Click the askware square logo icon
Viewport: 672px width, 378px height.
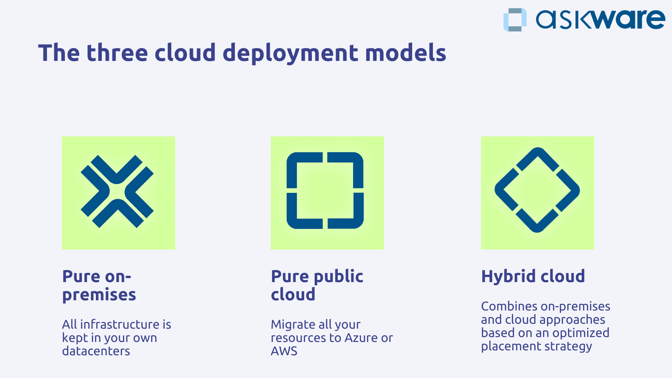515,20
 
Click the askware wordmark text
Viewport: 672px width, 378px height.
600,20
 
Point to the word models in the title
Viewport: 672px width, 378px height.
405,53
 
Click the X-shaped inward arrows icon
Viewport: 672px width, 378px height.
117,191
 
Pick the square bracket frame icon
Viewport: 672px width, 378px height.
325,190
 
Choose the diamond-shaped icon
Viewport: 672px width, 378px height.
537,190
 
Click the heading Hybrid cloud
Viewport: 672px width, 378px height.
533,276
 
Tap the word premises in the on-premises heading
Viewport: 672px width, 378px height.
99,295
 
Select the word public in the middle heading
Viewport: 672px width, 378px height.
338,276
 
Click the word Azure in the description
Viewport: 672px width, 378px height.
361,338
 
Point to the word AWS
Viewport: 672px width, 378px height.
284,351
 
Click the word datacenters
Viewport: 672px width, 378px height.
96,351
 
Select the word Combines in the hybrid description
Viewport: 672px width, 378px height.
509,306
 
